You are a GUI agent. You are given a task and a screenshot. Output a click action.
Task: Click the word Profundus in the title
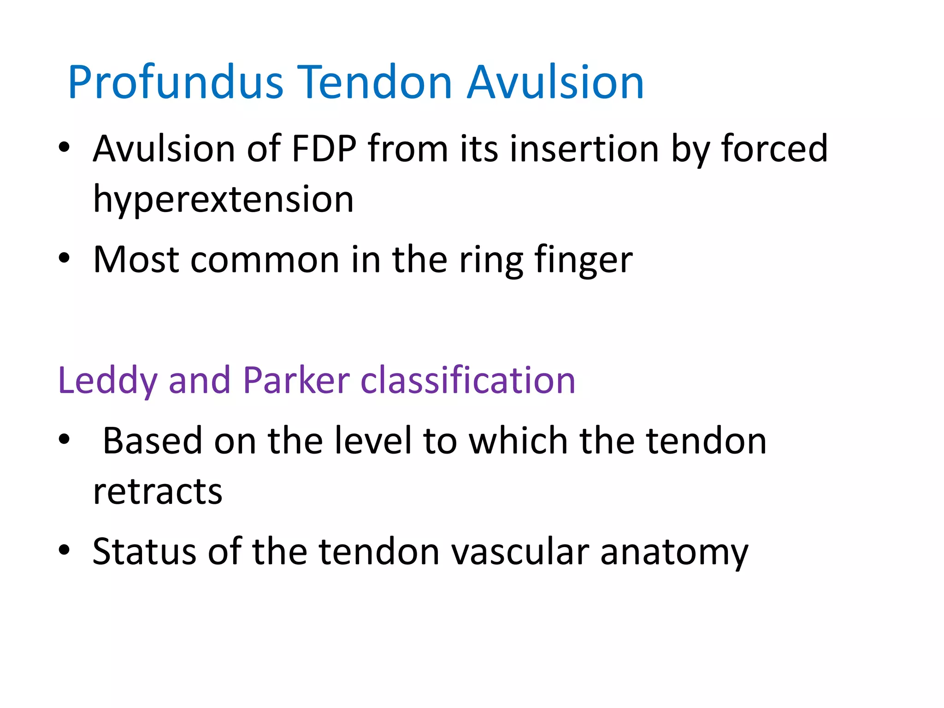click(x=175, y=83)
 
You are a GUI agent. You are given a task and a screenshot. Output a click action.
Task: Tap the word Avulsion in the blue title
click(x=555, y=83)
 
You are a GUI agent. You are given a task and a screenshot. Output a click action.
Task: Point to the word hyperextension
click(x=223, y=200)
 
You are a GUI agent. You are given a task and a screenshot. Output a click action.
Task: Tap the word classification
click(x=467, y=380)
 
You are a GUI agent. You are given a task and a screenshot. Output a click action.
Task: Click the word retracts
click(x=158, y=492)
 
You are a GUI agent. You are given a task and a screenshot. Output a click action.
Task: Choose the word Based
click(x=152, y=441)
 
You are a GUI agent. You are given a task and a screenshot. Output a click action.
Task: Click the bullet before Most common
click(x=64, y=259)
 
